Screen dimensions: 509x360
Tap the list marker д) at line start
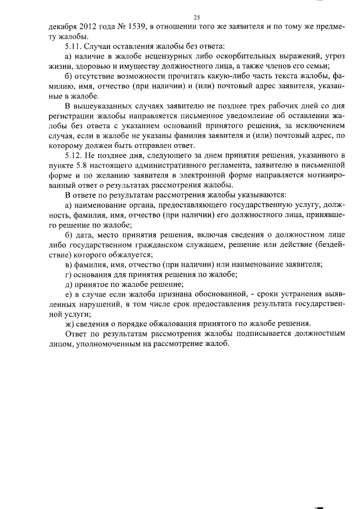pyautogui.click(x=69, y=283)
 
